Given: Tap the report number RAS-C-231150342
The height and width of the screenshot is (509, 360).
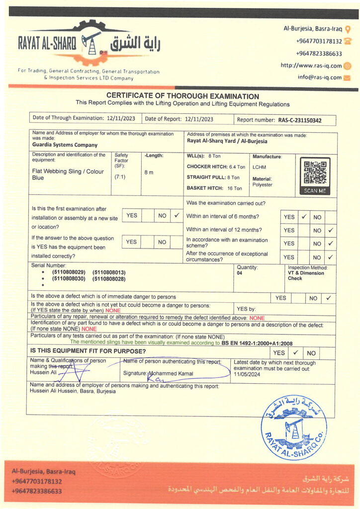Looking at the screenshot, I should tap(299, 120).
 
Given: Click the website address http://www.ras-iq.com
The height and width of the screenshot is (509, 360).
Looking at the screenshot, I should tap(311, 66).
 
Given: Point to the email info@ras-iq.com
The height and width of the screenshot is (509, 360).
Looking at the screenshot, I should tap(320, 78).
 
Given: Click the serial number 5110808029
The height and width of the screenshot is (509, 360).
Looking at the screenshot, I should tap(69, 272).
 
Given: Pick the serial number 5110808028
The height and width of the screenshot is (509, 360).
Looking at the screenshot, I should tap(109, 279).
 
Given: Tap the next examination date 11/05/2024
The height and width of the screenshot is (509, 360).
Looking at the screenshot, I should tap(247, 374).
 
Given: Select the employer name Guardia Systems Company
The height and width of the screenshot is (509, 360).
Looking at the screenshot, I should tap(65, 145).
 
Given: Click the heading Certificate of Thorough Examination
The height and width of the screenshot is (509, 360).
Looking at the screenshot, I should tap(182, 96).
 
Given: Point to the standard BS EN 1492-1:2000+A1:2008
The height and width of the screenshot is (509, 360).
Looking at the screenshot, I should tap(258, 343).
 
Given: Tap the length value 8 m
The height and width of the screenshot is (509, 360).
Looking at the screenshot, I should tap(149, 172).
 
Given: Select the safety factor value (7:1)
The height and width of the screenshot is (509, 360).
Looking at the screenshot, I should tap(120, 176).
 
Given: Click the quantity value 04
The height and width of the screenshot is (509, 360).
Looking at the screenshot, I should tap(240, 273).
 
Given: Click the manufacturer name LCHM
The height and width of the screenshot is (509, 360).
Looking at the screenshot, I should tap(259, 168).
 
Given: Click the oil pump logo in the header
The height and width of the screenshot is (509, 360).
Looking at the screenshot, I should tap(91, 42).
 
